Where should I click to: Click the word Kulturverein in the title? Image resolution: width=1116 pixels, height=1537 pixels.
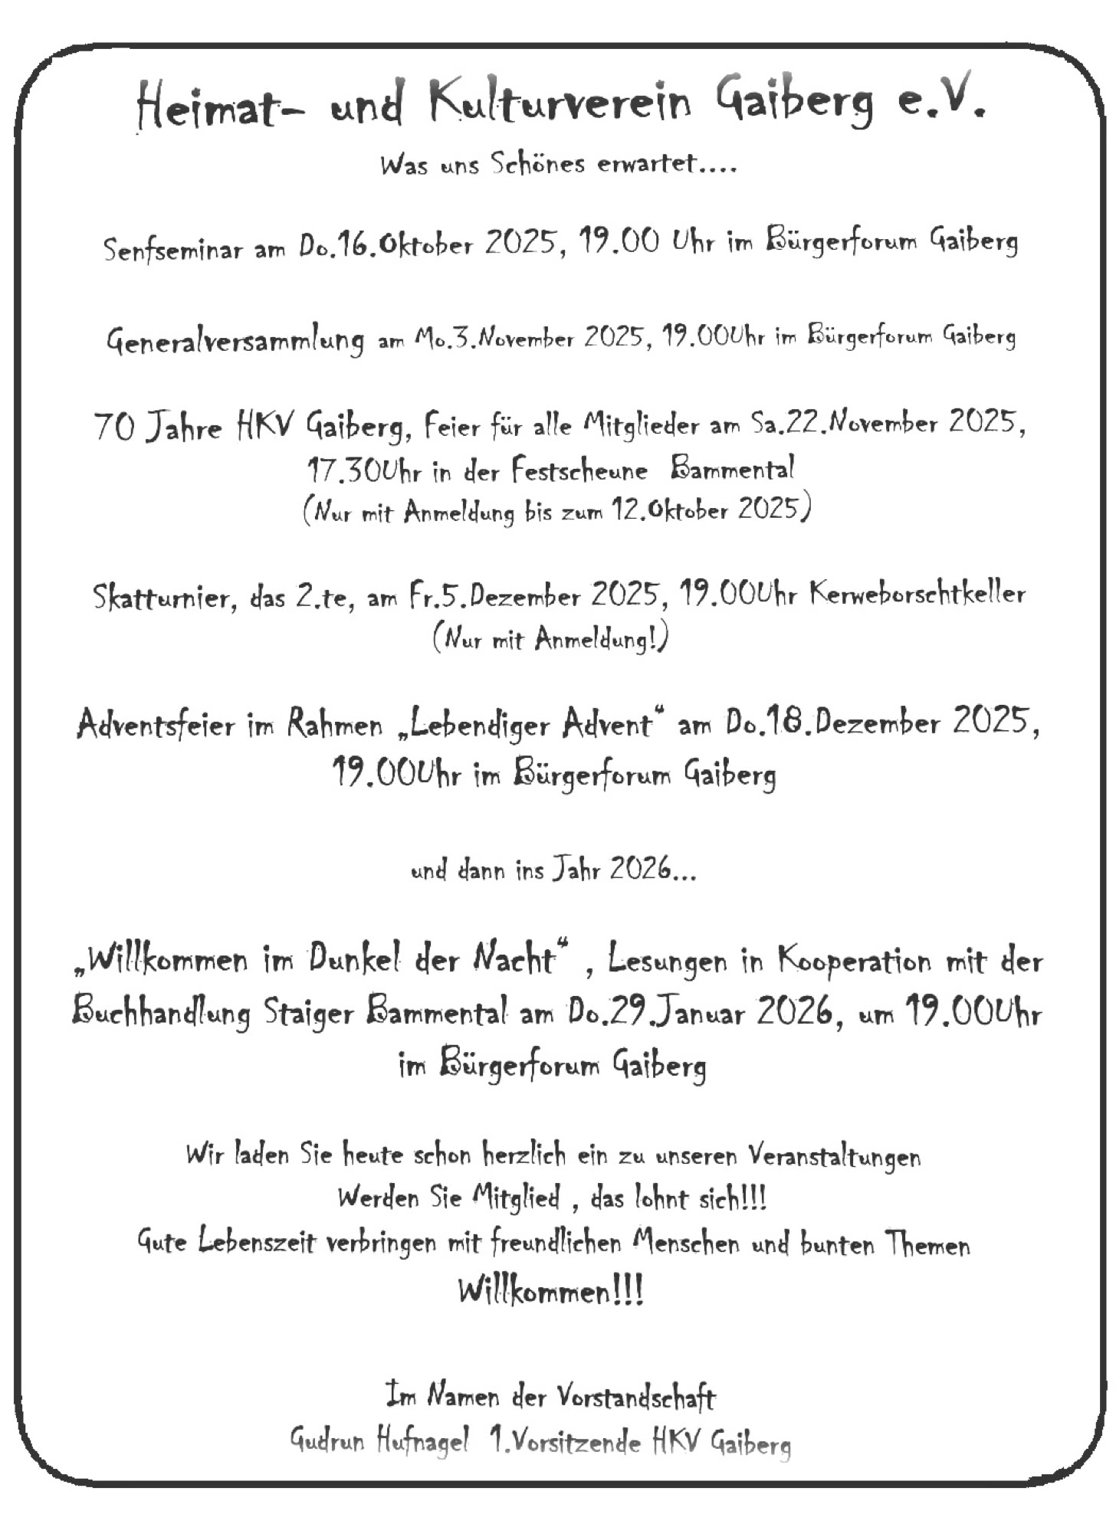[x=560, y=102]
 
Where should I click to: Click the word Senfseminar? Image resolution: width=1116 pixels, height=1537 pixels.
[x=172, y=249]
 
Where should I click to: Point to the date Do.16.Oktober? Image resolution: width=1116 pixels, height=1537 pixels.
[x=386, y=245]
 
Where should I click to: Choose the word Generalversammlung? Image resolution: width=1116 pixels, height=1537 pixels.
[x=235, y=339]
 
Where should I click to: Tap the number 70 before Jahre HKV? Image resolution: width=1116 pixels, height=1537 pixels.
[x=114, y=427]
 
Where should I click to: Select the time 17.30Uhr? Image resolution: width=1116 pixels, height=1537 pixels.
[x=364, y=470]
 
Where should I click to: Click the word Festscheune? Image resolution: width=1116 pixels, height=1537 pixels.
[x=579, y=469]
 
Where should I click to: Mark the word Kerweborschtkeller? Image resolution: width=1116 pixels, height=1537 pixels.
[x=917, y=594]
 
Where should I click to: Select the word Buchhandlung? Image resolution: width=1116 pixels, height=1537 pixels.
[x=161, y=1013]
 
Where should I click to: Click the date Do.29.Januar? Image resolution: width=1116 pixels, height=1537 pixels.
[x=656, y=1013]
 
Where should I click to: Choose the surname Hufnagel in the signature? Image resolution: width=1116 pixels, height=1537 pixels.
[x=422, y=1442]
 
